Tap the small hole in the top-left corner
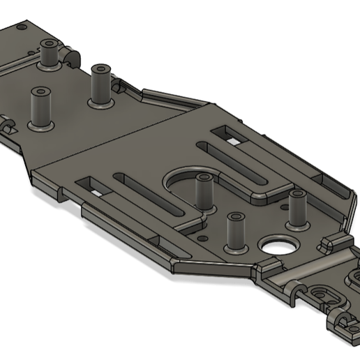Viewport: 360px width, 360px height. point(20,27)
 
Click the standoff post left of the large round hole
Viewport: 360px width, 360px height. point(235,234)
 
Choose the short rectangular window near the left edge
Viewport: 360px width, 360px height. point(93,186)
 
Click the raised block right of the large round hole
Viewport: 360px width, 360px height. point(324,243)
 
